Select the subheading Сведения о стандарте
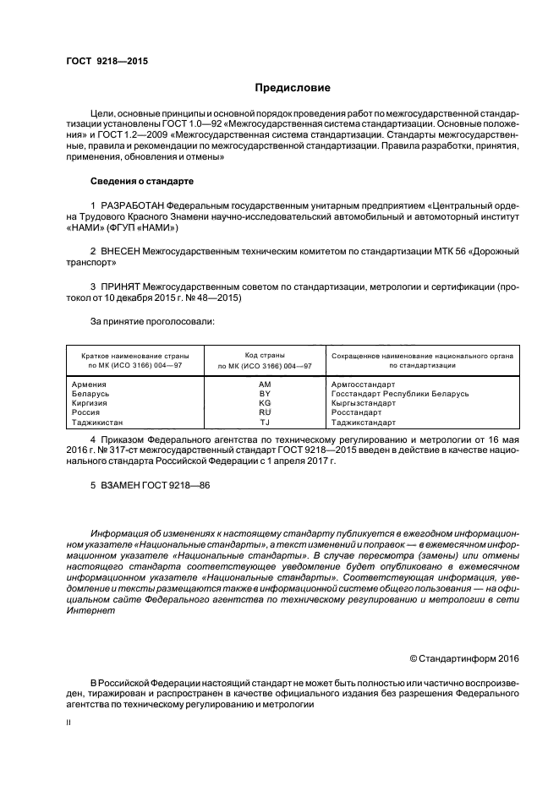point(142,182)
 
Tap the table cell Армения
point(89,385)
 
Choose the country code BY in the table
point(264,394)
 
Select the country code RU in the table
point(264,412)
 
